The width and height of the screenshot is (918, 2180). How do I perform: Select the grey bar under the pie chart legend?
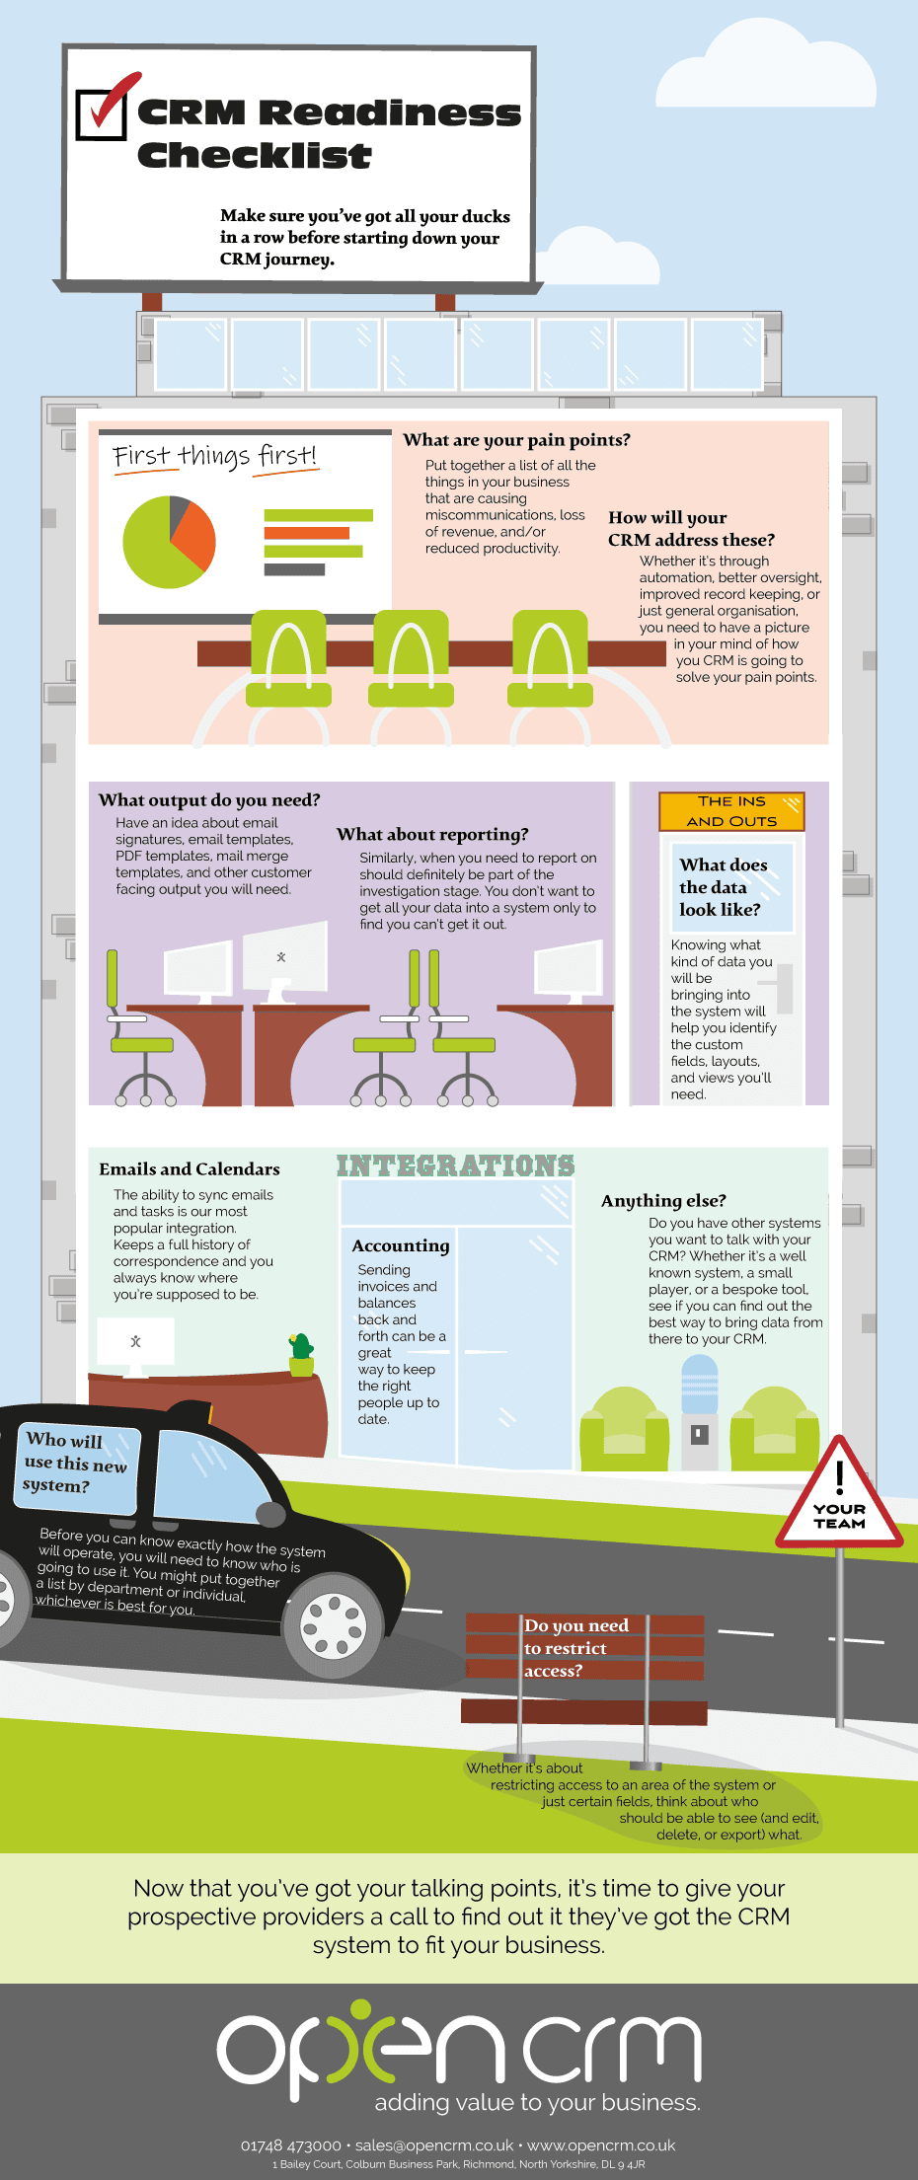click(294, 569)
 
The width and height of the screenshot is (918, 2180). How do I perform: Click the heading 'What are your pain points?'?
click(516, 440)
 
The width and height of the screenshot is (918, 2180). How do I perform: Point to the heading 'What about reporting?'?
click(432, 835)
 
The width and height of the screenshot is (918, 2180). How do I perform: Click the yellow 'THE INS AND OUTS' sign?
click(731, 811)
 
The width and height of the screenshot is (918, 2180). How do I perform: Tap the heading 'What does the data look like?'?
click(723, 887)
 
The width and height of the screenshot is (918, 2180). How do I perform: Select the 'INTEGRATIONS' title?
click(455, 1165)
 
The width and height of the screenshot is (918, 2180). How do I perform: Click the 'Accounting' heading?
click(400, 1246)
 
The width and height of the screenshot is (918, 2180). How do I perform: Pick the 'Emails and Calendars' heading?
click(190, 1169)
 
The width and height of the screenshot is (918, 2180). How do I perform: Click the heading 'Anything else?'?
click(663, 1201)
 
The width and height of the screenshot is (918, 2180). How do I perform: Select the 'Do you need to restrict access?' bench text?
click(575, 1647)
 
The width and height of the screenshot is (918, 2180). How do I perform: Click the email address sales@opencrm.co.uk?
click(434, 2145)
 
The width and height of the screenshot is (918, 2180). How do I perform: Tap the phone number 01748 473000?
click(290, 2145)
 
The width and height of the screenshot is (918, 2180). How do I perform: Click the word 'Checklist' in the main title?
click(254, 156)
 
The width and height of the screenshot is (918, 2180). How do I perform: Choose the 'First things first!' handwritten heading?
click(214, 456)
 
